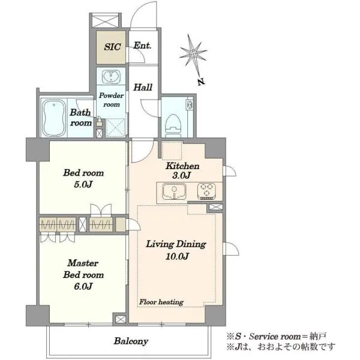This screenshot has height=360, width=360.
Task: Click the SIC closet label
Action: point(112,47)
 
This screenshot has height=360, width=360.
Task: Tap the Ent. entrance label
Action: point(142,46)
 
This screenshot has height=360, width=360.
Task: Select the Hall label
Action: point(143,88)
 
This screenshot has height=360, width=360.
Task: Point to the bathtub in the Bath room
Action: point(55,118)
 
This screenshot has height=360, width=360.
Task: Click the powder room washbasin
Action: point(111,76)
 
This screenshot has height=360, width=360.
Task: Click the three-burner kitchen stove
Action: point(206,191)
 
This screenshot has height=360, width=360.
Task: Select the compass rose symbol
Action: point(193,54)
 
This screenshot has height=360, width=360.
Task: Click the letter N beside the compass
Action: point(202,82)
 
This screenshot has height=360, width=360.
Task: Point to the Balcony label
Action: point(131,341)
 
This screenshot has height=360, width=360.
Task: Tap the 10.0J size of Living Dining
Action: point(177,256)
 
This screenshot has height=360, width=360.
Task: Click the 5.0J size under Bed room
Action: point(83,184)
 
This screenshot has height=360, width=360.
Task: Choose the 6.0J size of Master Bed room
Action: point(83,286)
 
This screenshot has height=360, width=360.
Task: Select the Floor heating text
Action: point(161,302)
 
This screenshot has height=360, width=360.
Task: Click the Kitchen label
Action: point(182,166)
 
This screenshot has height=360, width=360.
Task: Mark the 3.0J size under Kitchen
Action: point(181,176)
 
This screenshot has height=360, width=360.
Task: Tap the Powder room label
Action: point(112,100)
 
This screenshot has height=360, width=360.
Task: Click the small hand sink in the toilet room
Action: point(190,105)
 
